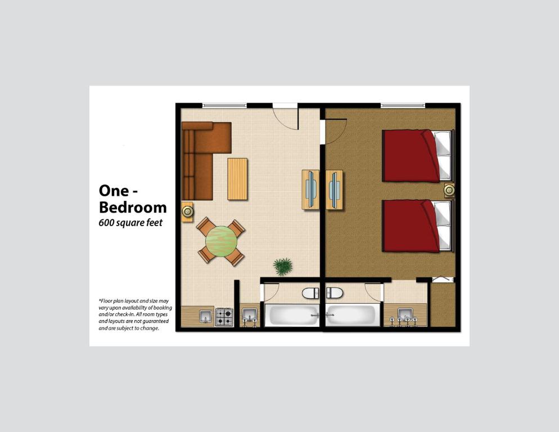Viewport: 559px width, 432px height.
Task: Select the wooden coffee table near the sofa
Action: pos(237,179)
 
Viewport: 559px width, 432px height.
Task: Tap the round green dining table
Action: pos(221,241)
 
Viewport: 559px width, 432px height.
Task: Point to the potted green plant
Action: pos(283,265)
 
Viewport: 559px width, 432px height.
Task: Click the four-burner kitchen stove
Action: pos(224,317)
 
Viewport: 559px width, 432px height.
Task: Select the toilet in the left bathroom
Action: pos(310,293)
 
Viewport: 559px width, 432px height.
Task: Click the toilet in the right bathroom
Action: pos(335,293)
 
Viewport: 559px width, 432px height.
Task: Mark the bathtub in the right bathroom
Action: pos(353,316)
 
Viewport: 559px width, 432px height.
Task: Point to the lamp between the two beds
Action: pos(449,190)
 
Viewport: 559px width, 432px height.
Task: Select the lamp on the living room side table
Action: pos(187,211)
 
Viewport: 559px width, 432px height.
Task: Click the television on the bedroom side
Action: pos(335,190)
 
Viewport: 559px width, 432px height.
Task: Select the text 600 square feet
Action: pos(130,223)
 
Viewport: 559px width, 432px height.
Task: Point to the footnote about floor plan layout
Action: pos(135,314)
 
